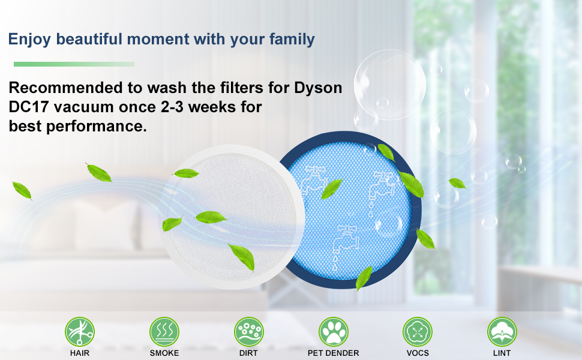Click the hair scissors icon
point(80,332)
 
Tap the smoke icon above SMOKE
point(164,332)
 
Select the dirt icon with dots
point(248,332)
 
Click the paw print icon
point(334,332)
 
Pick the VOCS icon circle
point(418,332)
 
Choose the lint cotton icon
point(502,332)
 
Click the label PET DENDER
point(334,353)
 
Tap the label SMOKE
point(164,353)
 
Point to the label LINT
point(502,353)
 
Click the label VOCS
point(418,353)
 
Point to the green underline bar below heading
point(74,64)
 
